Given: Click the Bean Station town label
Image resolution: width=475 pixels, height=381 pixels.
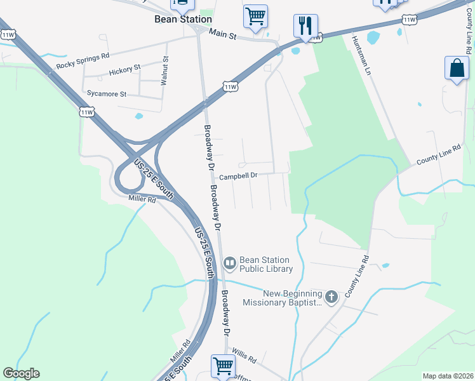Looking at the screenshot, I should [x=184, y=19].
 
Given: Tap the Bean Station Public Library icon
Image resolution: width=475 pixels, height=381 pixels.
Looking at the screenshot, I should [x=230, y=262].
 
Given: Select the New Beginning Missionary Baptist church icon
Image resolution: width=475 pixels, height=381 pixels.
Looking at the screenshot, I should [x=331, y=297].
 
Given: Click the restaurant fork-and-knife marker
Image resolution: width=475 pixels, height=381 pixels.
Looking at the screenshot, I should [x=305, y=26].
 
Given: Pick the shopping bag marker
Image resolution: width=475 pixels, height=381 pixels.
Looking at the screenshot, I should [x=457, y=68].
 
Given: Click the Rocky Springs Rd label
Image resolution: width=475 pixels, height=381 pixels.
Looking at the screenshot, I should [x=83, y=61].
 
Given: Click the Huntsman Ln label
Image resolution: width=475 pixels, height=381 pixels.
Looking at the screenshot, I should [x=360, y=54].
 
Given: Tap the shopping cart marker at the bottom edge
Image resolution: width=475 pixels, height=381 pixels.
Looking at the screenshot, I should [x=224, y=366].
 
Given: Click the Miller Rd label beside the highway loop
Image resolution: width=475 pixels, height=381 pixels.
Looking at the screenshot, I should [x=142, y=199].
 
